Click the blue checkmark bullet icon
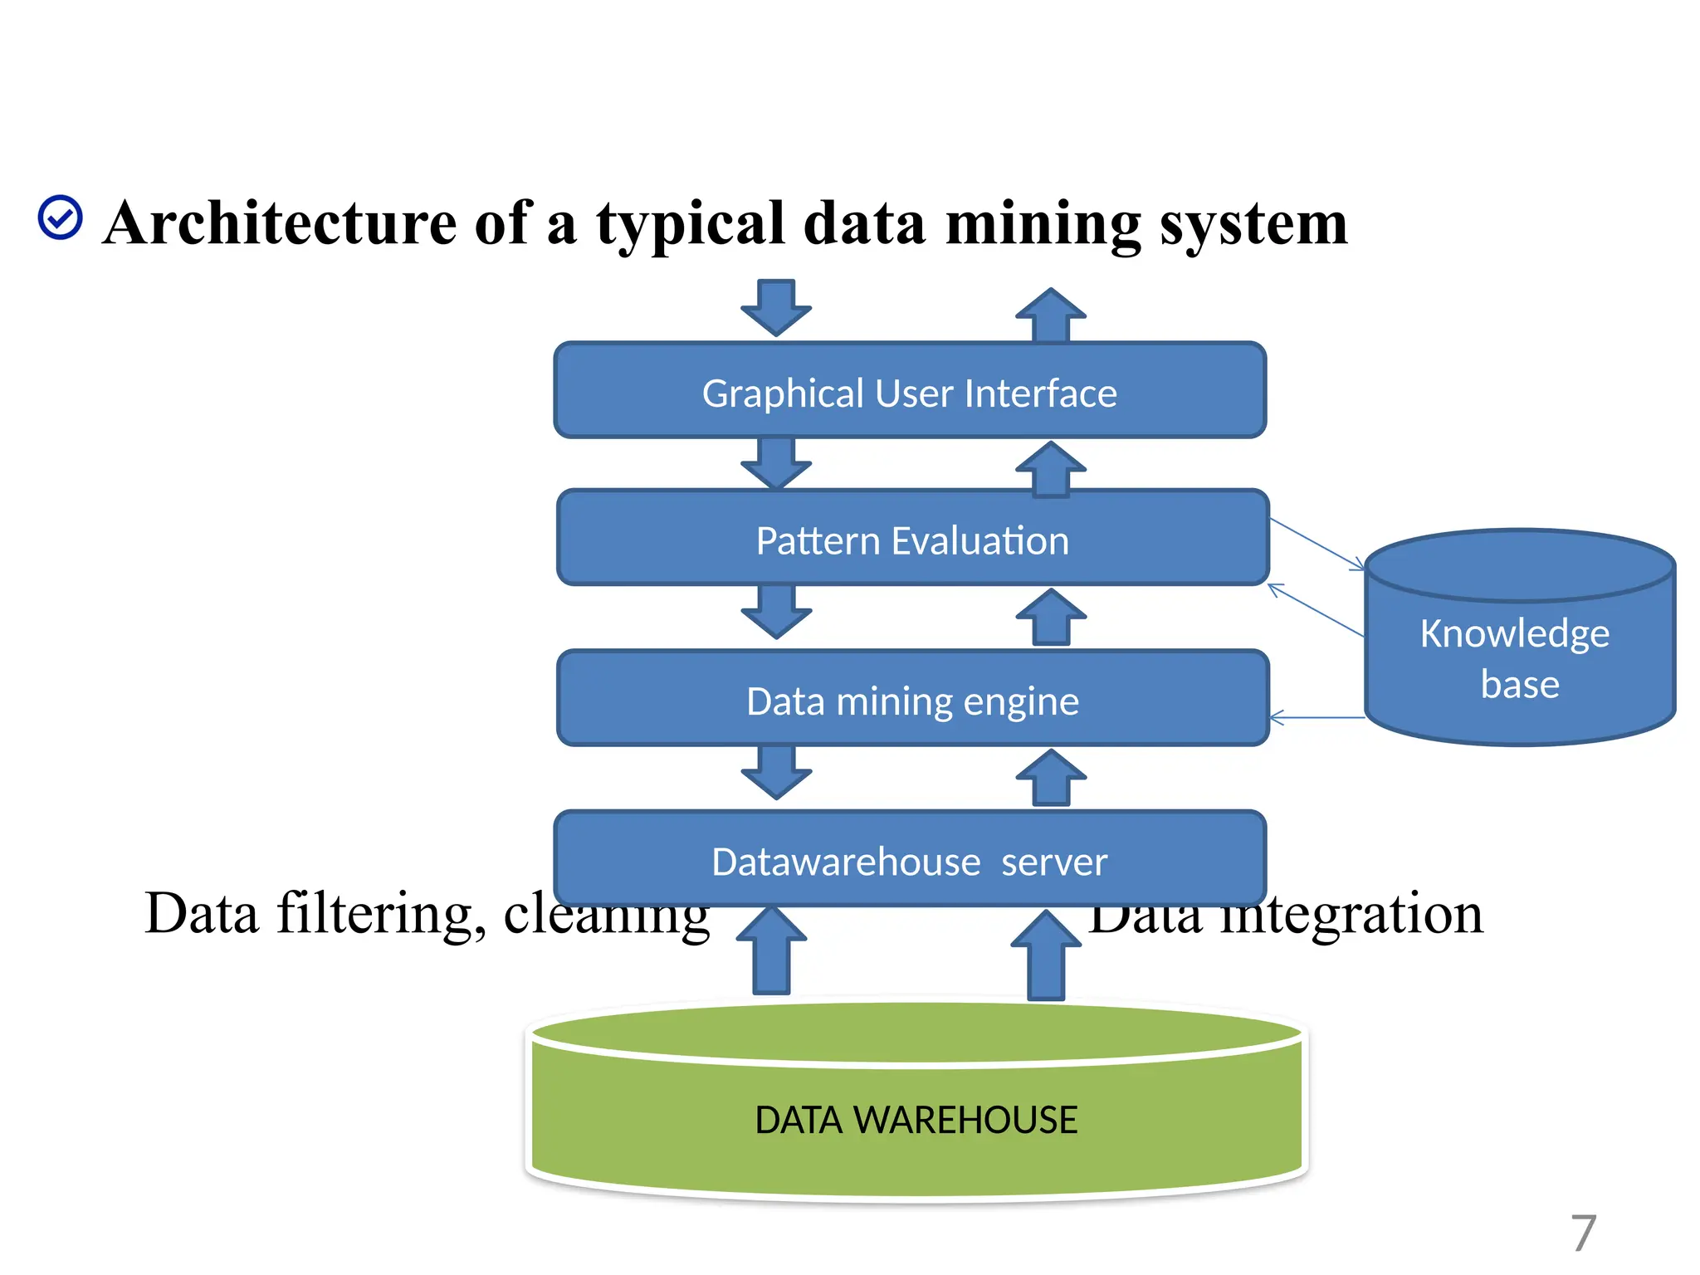point(60,218)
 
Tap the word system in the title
point(1253,224)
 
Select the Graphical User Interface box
point(910,391)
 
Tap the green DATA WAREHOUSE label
point(916,1120)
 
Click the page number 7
point(1583,1233)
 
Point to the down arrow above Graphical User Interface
point(776,307)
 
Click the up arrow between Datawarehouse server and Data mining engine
point(1051,778)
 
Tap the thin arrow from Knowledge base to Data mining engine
point(1318,718)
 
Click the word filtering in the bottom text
point(380,913)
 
